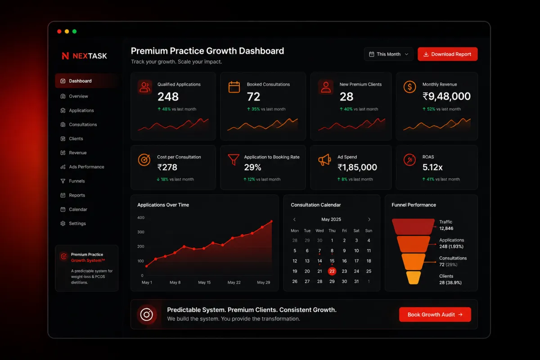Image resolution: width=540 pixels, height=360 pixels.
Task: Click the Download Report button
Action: [447, 54]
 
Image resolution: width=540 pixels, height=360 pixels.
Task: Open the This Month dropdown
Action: [388, 54]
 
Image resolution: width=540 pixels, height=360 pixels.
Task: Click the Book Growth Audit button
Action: [435, 315]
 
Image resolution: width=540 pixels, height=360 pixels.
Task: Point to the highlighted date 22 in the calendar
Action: [332, 271]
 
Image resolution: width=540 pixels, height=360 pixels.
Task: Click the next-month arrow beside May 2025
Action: [369, 220]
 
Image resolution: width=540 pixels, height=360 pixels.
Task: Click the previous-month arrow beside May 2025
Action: [294, 220]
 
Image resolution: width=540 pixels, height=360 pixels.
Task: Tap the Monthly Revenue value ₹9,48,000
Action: [446, 96]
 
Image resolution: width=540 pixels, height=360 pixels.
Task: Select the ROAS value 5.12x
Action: [432, 167]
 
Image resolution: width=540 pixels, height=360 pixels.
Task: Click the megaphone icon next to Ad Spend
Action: [324, 160]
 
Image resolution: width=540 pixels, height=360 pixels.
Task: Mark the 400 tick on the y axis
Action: [141, 217]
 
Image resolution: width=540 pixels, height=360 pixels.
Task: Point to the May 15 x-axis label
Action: [204, 282]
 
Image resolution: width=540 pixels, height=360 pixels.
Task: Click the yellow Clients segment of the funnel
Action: [414, 278]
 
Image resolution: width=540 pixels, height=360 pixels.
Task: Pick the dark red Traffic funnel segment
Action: [413, 227]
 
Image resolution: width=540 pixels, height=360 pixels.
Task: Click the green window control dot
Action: [75, 31]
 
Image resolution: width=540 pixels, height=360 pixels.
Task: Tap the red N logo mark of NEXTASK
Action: [65, 56]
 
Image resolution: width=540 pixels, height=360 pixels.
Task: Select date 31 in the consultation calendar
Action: [356, 281]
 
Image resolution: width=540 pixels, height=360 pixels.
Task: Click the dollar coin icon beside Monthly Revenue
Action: [409, 87]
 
